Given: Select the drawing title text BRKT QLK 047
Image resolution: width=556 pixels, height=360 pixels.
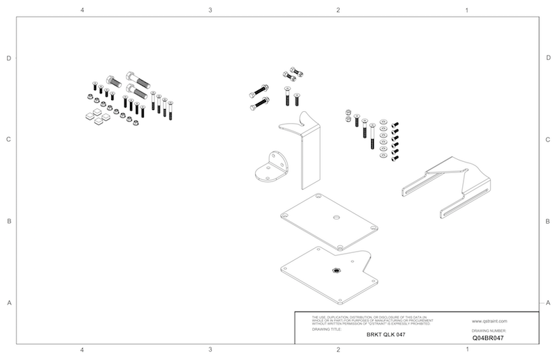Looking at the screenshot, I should point(385,334).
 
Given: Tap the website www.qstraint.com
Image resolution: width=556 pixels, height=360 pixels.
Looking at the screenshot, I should point(489,321).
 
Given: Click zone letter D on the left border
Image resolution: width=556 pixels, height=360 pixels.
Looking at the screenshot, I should point(8,58).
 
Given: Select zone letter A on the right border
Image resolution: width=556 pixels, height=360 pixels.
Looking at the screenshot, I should point(548,302).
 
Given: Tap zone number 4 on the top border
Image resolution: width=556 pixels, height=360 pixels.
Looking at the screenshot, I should point(82,11).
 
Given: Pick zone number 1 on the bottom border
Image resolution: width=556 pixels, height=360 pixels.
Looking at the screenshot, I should point(466,349).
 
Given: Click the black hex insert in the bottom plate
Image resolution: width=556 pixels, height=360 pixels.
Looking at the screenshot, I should point(335,270).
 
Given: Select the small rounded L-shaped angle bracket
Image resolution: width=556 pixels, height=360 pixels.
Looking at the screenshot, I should point(272,169).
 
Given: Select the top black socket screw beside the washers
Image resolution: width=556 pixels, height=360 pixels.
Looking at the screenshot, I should point(395,124).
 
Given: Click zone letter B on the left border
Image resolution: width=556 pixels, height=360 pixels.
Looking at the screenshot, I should point(8,222).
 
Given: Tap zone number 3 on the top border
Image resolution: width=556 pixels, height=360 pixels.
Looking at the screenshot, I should point(210,11).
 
